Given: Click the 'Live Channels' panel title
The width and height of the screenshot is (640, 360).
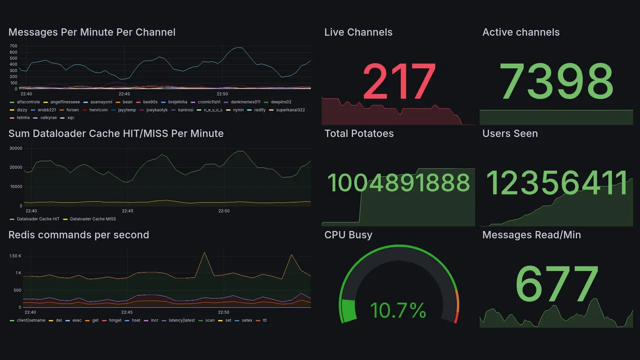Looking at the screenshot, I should (x=358, y=32).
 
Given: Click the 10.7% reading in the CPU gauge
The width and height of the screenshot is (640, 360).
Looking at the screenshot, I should (x=398, y=310).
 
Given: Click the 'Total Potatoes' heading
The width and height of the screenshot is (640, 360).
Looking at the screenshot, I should (x=358, y=133).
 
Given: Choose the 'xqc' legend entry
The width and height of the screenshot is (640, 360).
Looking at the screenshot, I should (x=70, y=118).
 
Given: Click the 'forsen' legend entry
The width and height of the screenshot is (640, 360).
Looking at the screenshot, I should (x=72, y=110).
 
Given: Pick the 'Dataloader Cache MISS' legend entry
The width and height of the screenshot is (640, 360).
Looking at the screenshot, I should (x=92, y=219).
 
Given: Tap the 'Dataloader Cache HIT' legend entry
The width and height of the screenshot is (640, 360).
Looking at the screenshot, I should (x=38, y=219).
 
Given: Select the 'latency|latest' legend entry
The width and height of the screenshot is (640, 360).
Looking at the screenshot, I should (x=181, y=320).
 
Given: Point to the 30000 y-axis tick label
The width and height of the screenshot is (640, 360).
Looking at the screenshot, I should (x=15, y=148).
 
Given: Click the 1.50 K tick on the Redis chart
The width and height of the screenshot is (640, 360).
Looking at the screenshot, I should (x=15, y=256).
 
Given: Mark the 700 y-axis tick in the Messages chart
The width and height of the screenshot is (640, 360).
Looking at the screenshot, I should (x=13, y=45).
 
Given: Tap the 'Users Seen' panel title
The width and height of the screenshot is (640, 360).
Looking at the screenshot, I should (x=509, y=133).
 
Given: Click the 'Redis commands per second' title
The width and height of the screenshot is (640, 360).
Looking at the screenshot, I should (x=78, y=235).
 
